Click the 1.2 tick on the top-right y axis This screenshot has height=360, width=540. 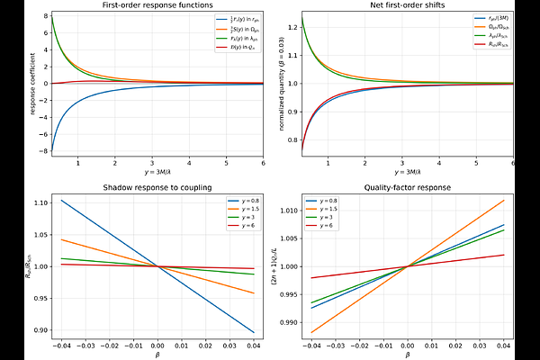pyautogui.click(x=288, y=27)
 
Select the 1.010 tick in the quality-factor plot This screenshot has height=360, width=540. pyautogui.click(x=283, y=211)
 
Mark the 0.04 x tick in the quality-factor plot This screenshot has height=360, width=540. pyautogui.click(x=501, y=345)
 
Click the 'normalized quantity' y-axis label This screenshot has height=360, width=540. pyautogui.click(x=273, y=84)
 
